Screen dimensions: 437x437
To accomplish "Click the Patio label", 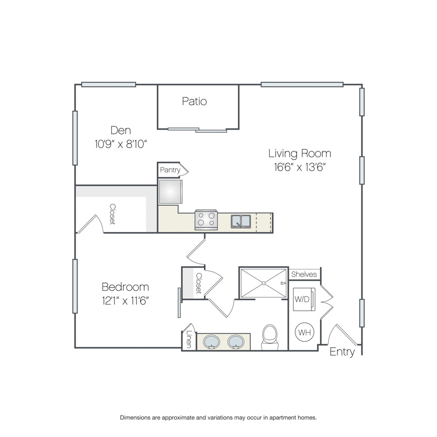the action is (x=194, y=101).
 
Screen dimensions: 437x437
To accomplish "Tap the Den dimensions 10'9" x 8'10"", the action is (x=121, y=144).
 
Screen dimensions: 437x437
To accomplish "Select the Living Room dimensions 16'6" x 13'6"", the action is (x=300, y=167).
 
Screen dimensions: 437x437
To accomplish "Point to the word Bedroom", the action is (x=125, y=287).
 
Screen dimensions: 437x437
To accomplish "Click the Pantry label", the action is (x=170, y=170).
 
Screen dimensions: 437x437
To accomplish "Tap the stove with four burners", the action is (x=206, y=220).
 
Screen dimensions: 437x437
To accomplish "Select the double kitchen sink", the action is (x=241, y=221).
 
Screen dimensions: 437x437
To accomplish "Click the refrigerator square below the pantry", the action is (x=170, y=192).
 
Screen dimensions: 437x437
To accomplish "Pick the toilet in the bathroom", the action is (x=270, y=337).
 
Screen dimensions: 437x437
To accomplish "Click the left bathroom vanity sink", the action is (x=212, y=342).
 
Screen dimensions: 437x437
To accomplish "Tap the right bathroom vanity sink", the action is (x=236, y=342).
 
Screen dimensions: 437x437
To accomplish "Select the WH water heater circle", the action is (x=304, y=332).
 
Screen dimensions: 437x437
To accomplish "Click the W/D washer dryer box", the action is (x=304, y=299).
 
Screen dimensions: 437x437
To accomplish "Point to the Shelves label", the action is (x=304, y=274).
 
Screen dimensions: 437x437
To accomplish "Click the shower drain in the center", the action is (x=264, y=283).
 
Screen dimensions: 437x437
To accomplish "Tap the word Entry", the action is (x=342, y=352).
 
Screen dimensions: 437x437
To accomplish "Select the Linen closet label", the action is (x=189, y=339).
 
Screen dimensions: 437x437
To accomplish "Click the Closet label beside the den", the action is (x=113, y=214).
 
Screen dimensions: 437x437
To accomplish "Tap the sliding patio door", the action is (x=197, y=130).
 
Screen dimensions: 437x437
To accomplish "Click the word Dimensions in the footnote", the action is (x=135, y=418).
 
